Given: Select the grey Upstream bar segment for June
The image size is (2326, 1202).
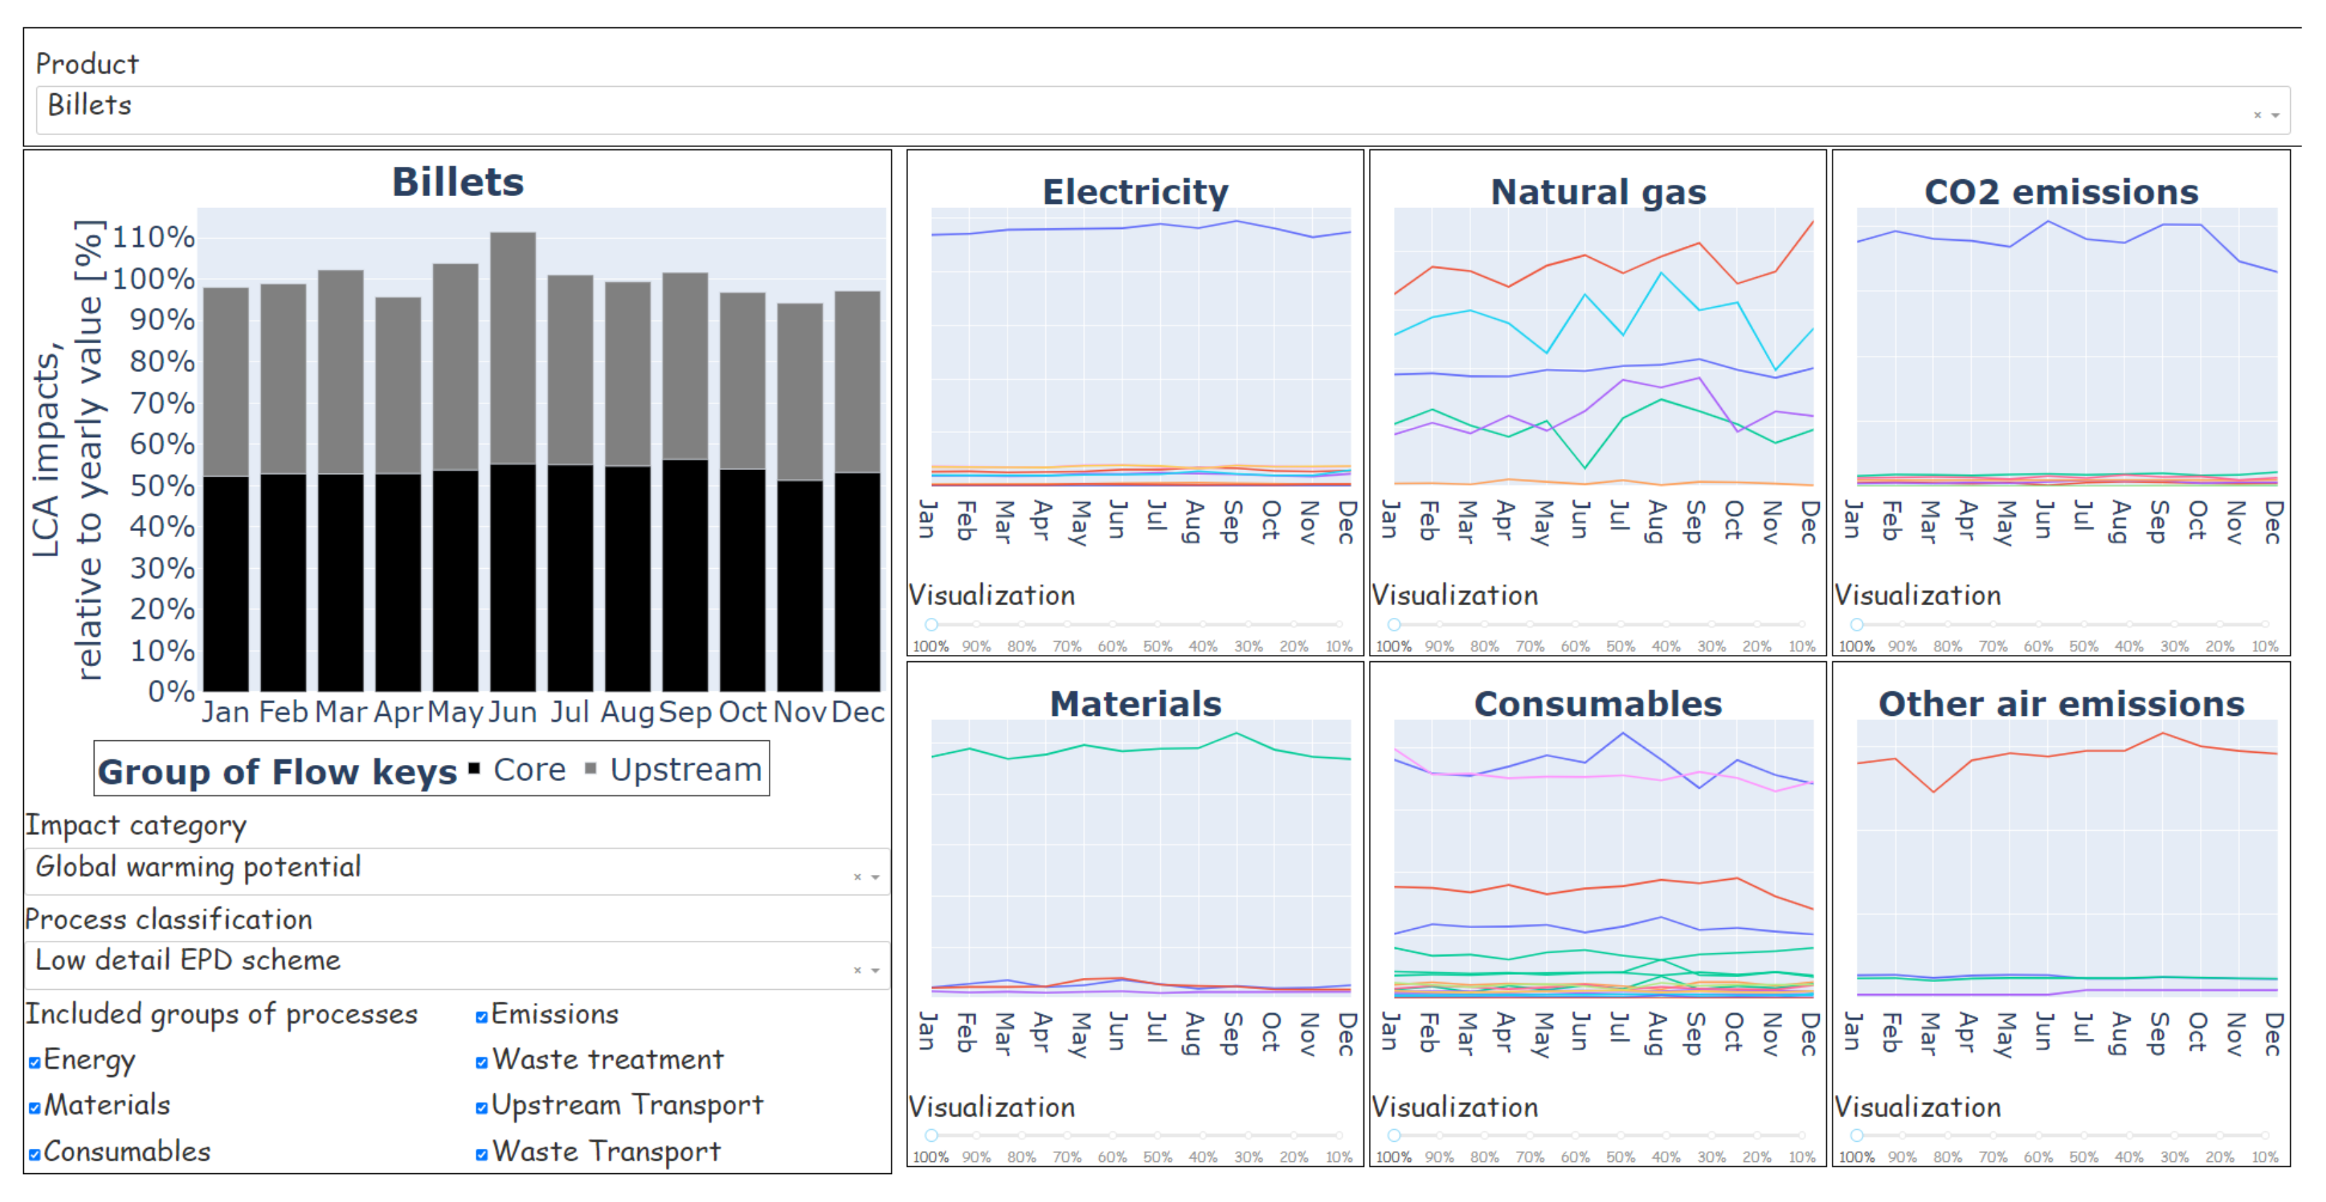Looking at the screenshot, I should pyautogui.click(x=513, y=347).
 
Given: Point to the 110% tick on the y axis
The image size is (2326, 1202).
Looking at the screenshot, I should pyautogui.click(x=153, y=237).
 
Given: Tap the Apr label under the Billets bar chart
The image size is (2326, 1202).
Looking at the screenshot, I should pyautogui.click(x=398, y=712).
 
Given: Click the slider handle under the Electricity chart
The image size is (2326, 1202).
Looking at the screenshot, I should pyautogui.click(x=931, y=624).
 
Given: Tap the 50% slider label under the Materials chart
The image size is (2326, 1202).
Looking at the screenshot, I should pyautogui.click(x=1157, y=1157).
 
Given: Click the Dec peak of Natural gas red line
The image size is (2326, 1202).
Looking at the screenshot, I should pyautogui.click(x=1811, y=222).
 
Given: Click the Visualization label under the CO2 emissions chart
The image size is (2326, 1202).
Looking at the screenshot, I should pyautogui.click(x=1918, y=595).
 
